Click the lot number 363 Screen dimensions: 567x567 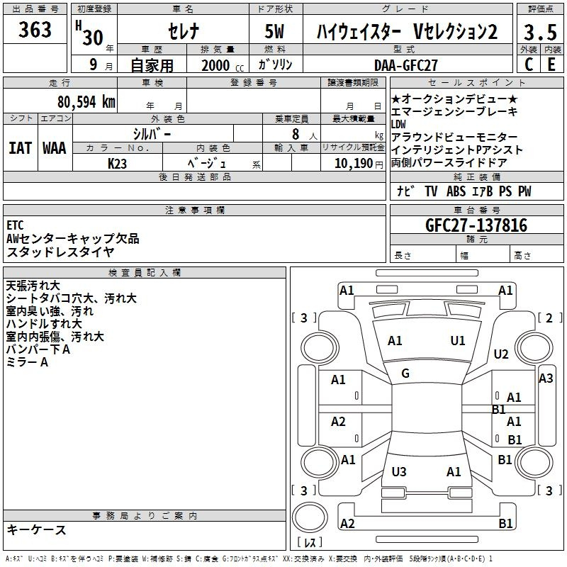(x=35, y=29)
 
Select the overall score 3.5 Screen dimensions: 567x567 (x=540, y=32)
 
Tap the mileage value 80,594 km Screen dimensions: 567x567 (x=86, y=102)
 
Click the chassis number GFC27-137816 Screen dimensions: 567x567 (x=476, y=225)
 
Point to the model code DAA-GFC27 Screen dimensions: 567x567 (x=405, y=65)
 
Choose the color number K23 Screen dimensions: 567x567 (x=117, y=164)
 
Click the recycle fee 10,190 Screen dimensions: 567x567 (x=354, y=164)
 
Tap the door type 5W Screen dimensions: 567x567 (x=274, y=31)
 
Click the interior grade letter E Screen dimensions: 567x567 (x=551, y=64)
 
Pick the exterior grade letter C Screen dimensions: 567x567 (x=529, y=64)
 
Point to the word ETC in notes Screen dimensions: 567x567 (x=15, y=225)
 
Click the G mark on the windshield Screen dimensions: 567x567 (x=405, y=374)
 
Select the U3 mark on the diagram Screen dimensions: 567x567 (x=399, y=471)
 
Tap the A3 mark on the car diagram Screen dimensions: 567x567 (x=546, y=378)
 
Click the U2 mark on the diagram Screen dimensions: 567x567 (x=501, y=354)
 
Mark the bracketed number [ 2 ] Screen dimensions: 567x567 (x=550, y=318)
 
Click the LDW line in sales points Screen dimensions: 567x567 (x=398, y=125)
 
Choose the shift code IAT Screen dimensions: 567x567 (x=21, y=148)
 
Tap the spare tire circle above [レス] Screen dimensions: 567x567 (x=310, y=517)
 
